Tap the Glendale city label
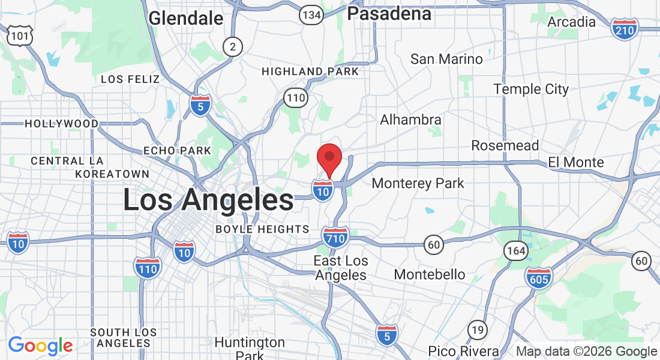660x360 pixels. point(185,18)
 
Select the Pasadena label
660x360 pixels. point(389,14)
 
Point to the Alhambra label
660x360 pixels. point(410,120)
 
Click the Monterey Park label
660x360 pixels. point(418,183)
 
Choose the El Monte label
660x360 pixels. point(575,163)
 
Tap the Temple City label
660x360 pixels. point(530,89)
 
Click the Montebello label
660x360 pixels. point(429,274)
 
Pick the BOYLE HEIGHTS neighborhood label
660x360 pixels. point(262,229)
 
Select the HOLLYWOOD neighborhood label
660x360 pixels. point(61,124)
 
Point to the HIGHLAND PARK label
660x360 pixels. point(310,72)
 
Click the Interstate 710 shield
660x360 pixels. point(335,238)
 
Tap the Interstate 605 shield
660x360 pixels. point(538,278)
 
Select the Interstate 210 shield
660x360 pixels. point(625,28)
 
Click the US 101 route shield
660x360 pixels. point(19,37)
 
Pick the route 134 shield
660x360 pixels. point(311,14)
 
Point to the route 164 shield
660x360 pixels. point(516,251)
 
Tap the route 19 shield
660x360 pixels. point(478,329)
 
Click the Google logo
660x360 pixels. point(40,346)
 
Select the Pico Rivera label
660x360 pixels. point(463,351)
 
